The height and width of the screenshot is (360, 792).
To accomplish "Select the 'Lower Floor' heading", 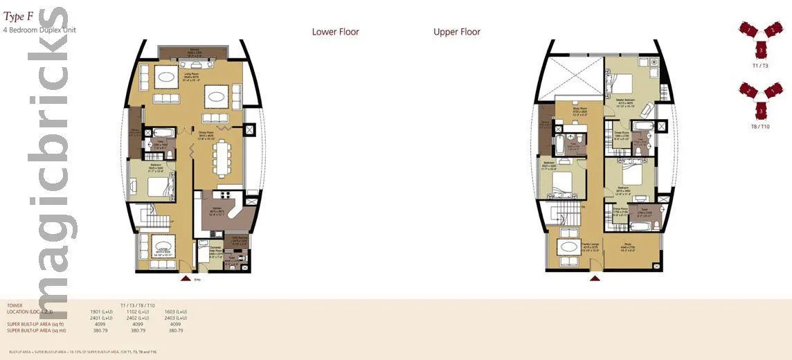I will pyautogui.click(x=335, y=32).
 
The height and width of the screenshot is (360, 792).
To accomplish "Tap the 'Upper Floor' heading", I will pyautogui.click(x=456, y=32).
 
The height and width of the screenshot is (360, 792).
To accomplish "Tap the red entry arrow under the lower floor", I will pyautogui.click(x=185, y=278).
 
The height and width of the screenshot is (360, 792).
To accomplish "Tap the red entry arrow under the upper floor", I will pyautogui.click(x=594, y=278).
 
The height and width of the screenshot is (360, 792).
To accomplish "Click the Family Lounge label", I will pyautogui.click(x=570, y=244).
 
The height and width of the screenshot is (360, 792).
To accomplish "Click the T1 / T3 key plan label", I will pyautogui.click(x=759, y=65).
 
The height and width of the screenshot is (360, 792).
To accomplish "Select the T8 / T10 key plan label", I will pyautogui.click(x=759, y=127).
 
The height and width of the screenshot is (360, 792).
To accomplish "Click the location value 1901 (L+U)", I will pyautogui.click(x=102, y=312).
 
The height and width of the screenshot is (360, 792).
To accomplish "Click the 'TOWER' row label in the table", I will pyautogui.click(x=15, y=305).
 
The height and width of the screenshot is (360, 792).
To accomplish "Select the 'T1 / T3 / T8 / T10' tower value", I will pyautogui.click(x=137, y=305).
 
